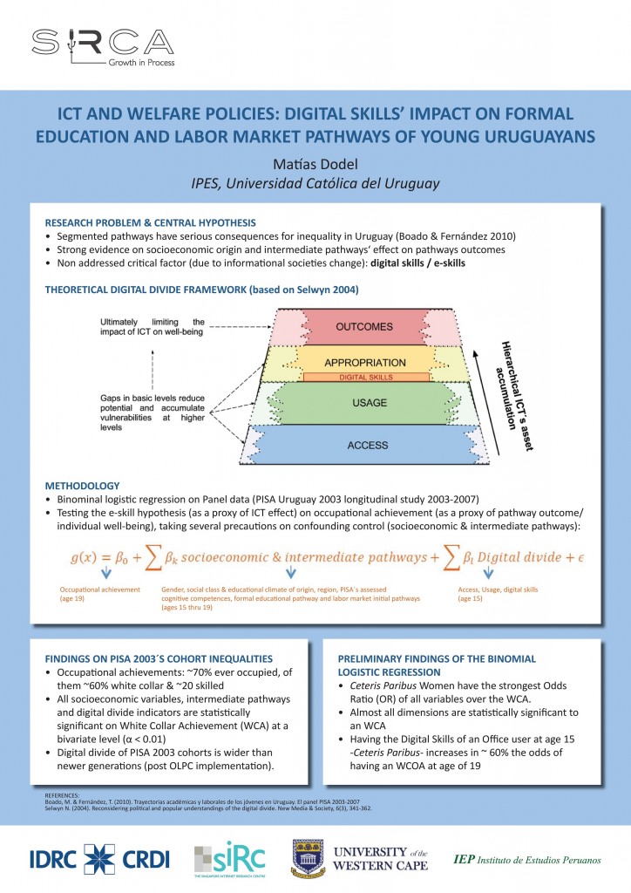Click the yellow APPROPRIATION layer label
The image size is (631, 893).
pos(365,362)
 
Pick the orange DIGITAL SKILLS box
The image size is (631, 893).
pos(365,377)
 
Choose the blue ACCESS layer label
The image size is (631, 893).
pos(367,445)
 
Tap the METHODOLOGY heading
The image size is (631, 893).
pos(82,485)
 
